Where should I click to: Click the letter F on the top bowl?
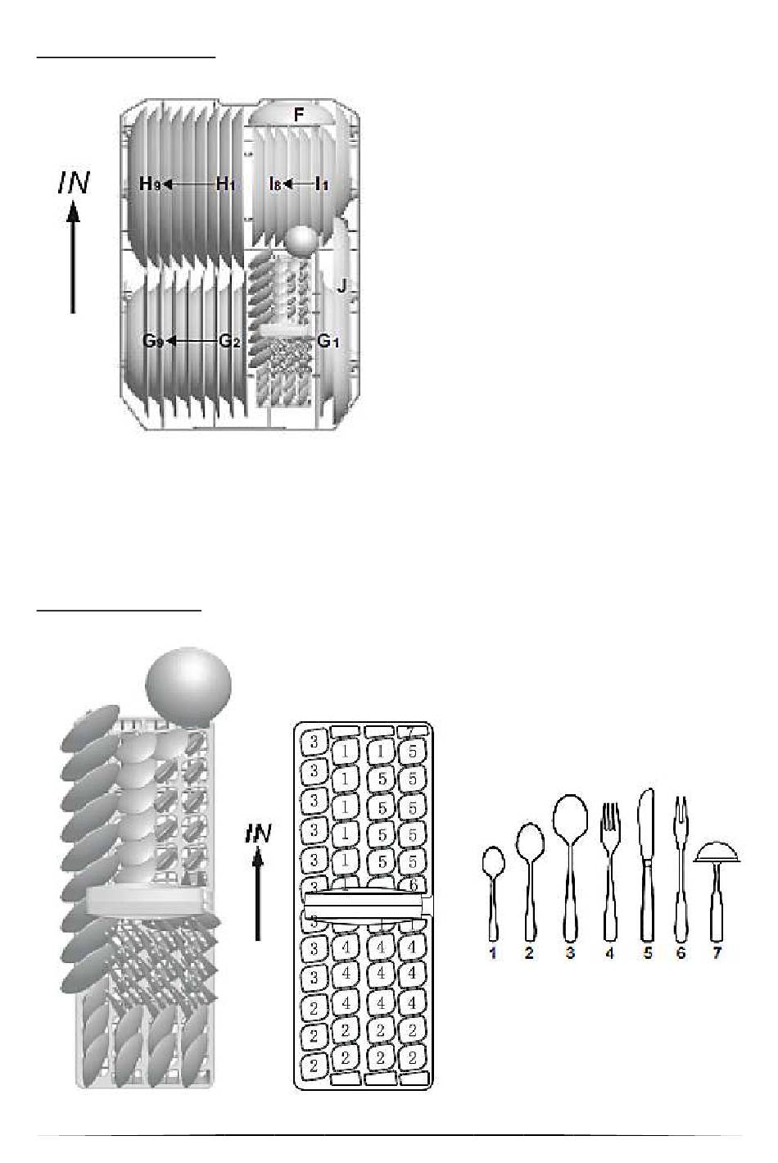click(x=298, y=114)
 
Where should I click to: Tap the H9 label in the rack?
click(x=150, y=184)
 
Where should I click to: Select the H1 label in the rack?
click(x=226, y=184)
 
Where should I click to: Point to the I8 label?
click(x=275, y=184)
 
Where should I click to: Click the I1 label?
click(x=322, y=184)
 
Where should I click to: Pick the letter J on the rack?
click(x=342, y=285)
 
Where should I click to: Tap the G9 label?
click(x=153, y=341)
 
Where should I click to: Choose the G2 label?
click(x=230, y=341)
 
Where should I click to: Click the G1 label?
click(x=328, y=341)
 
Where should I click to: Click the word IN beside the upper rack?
click(x=74, y=183)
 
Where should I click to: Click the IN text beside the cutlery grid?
click(x=258, y=834)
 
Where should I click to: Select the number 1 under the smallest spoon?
click(x=493, y=952)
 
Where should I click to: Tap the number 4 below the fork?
click(x=609, y=952)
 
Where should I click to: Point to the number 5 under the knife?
click(x=647, y=952)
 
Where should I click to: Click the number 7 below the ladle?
click(x=717, y=952)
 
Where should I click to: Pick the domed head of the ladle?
click(x=717, y=852)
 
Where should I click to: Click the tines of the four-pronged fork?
click(x=610, y=816)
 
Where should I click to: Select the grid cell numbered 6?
click(x=414, y=884)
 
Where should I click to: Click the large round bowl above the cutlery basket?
click(x=188, y=686)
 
